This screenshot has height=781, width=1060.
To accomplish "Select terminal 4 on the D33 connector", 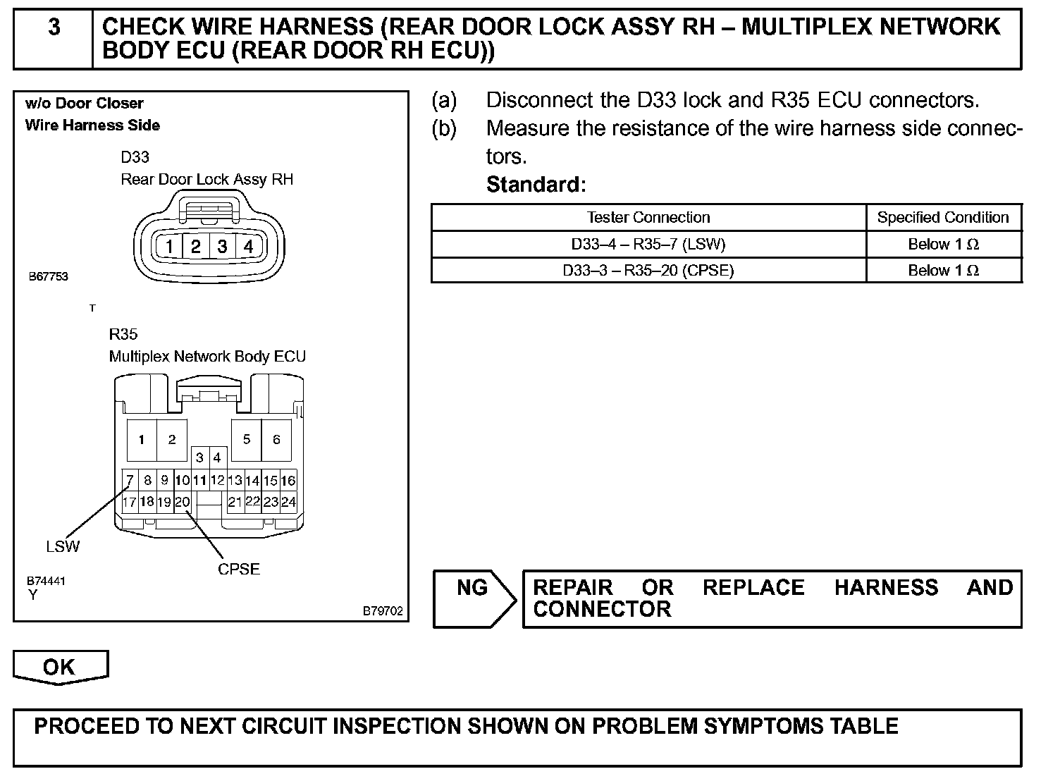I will point(248,247).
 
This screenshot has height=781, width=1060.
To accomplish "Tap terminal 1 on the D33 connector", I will point(170,247).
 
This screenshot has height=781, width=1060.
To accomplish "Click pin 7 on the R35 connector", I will point(130,481).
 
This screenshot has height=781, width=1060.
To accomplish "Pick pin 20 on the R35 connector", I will point(182,503).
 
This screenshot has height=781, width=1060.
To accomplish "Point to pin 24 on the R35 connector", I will point(288,503).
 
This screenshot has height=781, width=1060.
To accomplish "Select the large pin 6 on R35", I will point(276,440).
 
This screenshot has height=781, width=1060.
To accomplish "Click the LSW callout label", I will point(63,546).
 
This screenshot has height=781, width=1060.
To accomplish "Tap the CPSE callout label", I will point(239,569).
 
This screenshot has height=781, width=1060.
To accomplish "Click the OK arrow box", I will point(60,667).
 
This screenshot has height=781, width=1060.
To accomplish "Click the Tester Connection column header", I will point(648,218).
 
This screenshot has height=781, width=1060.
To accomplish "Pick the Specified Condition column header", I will point(943,218).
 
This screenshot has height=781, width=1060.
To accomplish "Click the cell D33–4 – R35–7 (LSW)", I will point(648,245).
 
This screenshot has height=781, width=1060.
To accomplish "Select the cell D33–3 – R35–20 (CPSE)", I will point(648,271).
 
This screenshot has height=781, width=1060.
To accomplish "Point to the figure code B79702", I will point(383,611).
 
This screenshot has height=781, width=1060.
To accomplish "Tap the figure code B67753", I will point(49,277).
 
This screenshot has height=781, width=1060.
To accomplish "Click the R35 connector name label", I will point(123,334).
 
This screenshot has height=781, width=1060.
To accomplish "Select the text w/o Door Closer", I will point(85,104).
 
